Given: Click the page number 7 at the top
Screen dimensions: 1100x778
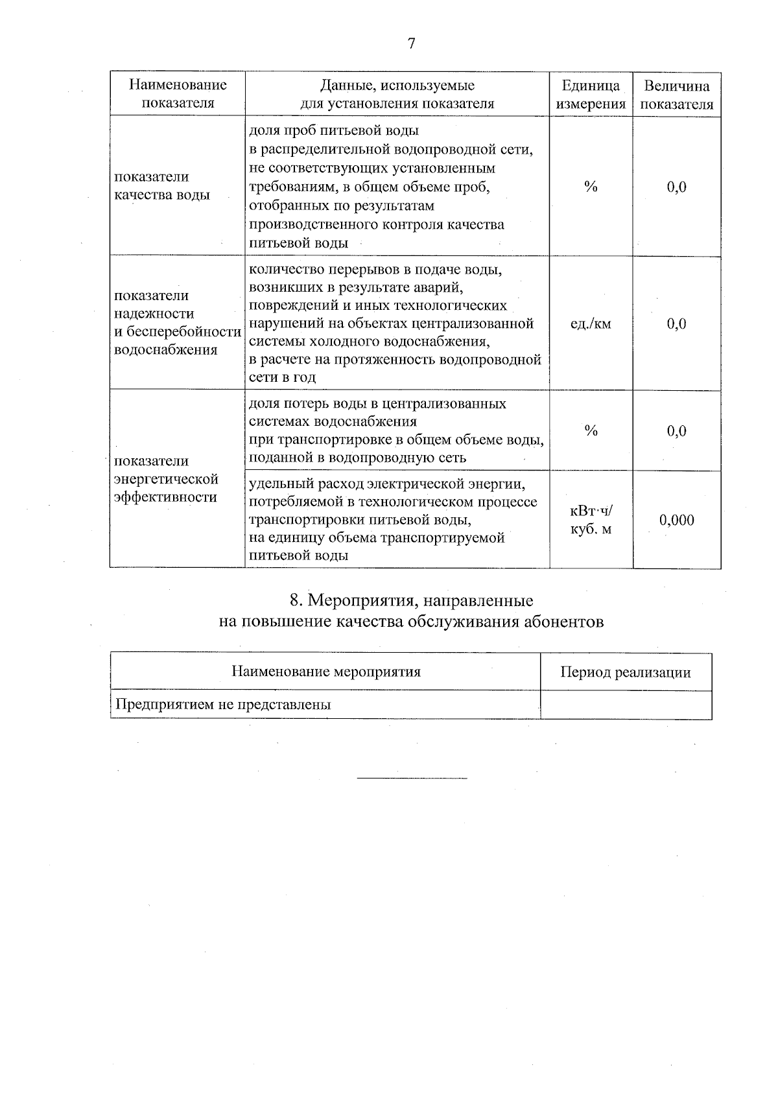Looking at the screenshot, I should click(410, 43).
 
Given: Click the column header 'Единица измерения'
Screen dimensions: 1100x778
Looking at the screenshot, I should click(591, 95).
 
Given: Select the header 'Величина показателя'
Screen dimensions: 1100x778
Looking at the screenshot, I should click(676, 95).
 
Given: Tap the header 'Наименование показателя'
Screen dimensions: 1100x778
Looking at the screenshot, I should click(178, 93).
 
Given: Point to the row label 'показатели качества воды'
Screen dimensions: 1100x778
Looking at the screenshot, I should click(162, 186).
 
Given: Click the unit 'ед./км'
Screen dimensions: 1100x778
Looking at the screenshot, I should click(591, 323).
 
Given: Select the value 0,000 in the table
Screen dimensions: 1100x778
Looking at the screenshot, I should click(676, 520).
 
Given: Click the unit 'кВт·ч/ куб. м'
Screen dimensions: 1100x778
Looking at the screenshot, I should click(591, 520).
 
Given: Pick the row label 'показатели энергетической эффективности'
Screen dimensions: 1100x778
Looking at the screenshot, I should click(166, 479).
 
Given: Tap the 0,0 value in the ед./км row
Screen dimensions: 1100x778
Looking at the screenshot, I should click(676, 323).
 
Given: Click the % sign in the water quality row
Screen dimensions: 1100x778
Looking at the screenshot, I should click(591, 187).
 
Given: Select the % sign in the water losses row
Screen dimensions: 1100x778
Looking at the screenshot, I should click(591, 430).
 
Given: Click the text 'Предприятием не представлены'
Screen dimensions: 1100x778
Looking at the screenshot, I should click(223, 705).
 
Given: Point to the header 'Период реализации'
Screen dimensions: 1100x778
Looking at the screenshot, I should click(626, 672).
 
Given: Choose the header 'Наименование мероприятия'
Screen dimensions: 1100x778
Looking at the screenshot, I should click(326, 672).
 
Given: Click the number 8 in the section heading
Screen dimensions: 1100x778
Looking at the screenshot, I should click(294, 600).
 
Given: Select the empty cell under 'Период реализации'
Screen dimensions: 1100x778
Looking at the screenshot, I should click(626, 705).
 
